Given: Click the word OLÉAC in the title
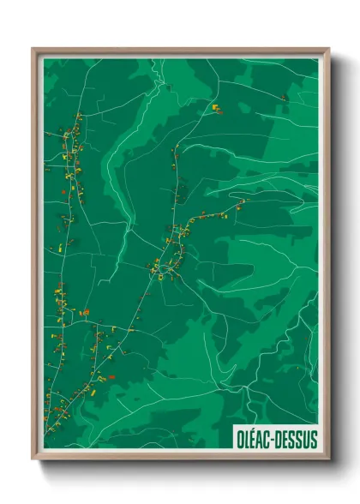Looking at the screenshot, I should coord(255,439).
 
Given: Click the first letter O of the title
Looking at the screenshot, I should coord(240,439).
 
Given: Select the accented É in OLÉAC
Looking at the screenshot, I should coord(254,439).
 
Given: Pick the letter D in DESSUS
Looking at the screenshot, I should coord(281,439).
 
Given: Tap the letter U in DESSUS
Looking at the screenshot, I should coord(306,439).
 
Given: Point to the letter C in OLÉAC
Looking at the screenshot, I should coord(268,439).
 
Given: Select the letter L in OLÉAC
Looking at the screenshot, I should coord(247,439).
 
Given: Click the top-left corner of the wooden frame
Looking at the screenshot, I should coord(33,49).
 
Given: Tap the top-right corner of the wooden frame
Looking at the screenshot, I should coord(328,49).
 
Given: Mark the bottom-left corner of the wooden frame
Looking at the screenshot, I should coord(33,460).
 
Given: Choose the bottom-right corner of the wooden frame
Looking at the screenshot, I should coord(328,460).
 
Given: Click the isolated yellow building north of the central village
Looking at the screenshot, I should coord(215,108).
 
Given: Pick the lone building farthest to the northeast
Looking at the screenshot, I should coord(283,98).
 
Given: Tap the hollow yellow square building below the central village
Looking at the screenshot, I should coord(160,275).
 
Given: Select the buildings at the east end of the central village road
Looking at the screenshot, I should coord(241,203).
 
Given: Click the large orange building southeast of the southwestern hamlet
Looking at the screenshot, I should coord(110,376).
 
